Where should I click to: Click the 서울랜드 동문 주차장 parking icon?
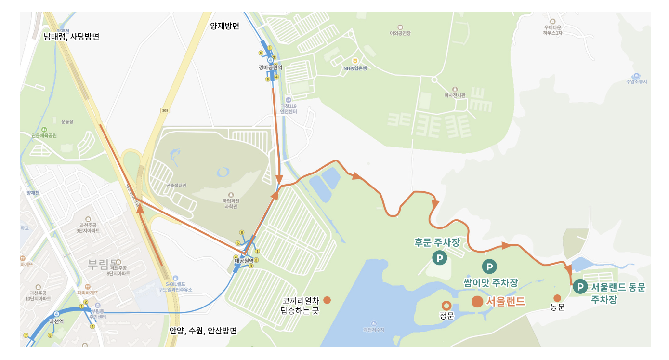[x=580, y=287]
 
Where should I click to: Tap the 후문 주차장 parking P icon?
[x=440, y=258]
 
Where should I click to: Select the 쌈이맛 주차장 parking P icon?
[x=489, y=266]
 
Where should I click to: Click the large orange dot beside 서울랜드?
[x=477, y=302]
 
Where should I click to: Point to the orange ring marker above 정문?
[x=446, y=305]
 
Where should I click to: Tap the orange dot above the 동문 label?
[x=557, y=298]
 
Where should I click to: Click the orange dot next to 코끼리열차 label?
[x=327, y=300]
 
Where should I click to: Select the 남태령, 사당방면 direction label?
[x=71, y=36]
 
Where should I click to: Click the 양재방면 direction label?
[x=224, y=26]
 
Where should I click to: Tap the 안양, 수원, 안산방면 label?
[x=203, y=331]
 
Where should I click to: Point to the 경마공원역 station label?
[x=270, y=68]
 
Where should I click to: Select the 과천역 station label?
[x=57, y=320]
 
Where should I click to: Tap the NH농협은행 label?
[x=355, y=68]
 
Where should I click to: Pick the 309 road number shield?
[x=166, y=110]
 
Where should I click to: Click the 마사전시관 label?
[x=455, y=95]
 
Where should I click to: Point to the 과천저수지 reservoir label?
[x=374, y=330]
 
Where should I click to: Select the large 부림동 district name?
[x=103, y=264]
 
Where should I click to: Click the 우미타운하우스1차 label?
[x=552, y=30]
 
